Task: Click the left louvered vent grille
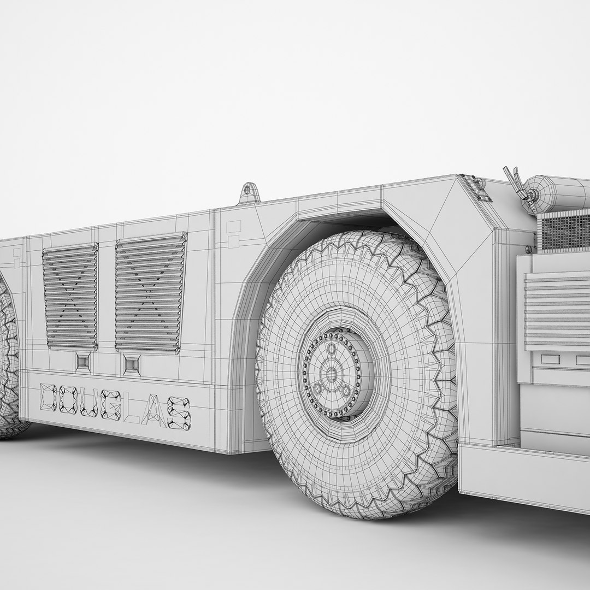coord(70,297)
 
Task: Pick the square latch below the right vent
coord(132,364)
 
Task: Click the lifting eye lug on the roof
coord(247,193)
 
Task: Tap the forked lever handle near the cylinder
coord(518,183)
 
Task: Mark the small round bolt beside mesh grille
coord(528,249)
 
